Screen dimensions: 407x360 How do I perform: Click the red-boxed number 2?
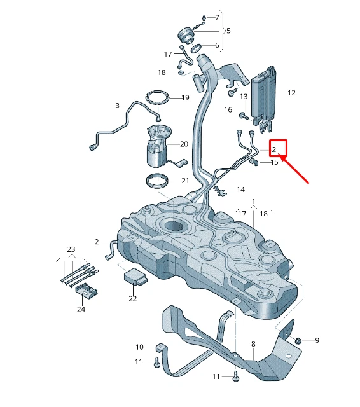click(x=275, y=149)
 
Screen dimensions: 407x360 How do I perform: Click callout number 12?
click(x=291, y=93)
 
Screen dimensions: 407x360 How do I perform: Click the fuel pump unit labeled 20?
click(x=156, y=146)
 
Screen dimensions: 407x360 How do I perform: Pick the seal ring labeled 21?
click(x=158, y=181)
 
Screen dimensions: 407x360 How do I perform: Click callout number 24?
click(x=81, y=310)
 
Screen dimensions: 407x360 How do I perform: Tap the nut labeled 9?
click(x=297, y=341)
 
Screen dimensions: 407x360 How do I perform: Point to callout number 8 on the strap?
click(x=253, y=344)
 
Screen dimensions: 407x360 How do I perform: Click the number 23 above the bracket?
click(x=71, y=249)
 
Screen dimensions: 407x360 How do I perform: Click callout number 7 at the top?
click(x=216, y=17)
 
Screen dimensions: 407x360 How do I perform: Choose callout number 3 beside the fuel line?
click(x=117, y=106)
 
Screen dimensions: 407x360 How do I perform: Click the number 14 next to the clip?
click(x=240, y=190)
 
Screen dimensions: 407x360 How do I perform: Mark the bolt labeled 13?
click(x=243, y=116)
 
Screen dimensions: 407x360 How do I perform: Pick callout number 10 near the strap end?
click(x=140, y=347)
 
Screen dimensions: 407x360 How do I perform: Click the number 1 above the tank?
click(x=253, y=202)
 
